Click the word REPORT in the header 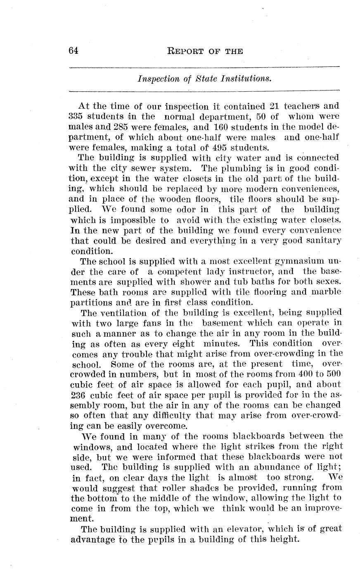184,51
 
